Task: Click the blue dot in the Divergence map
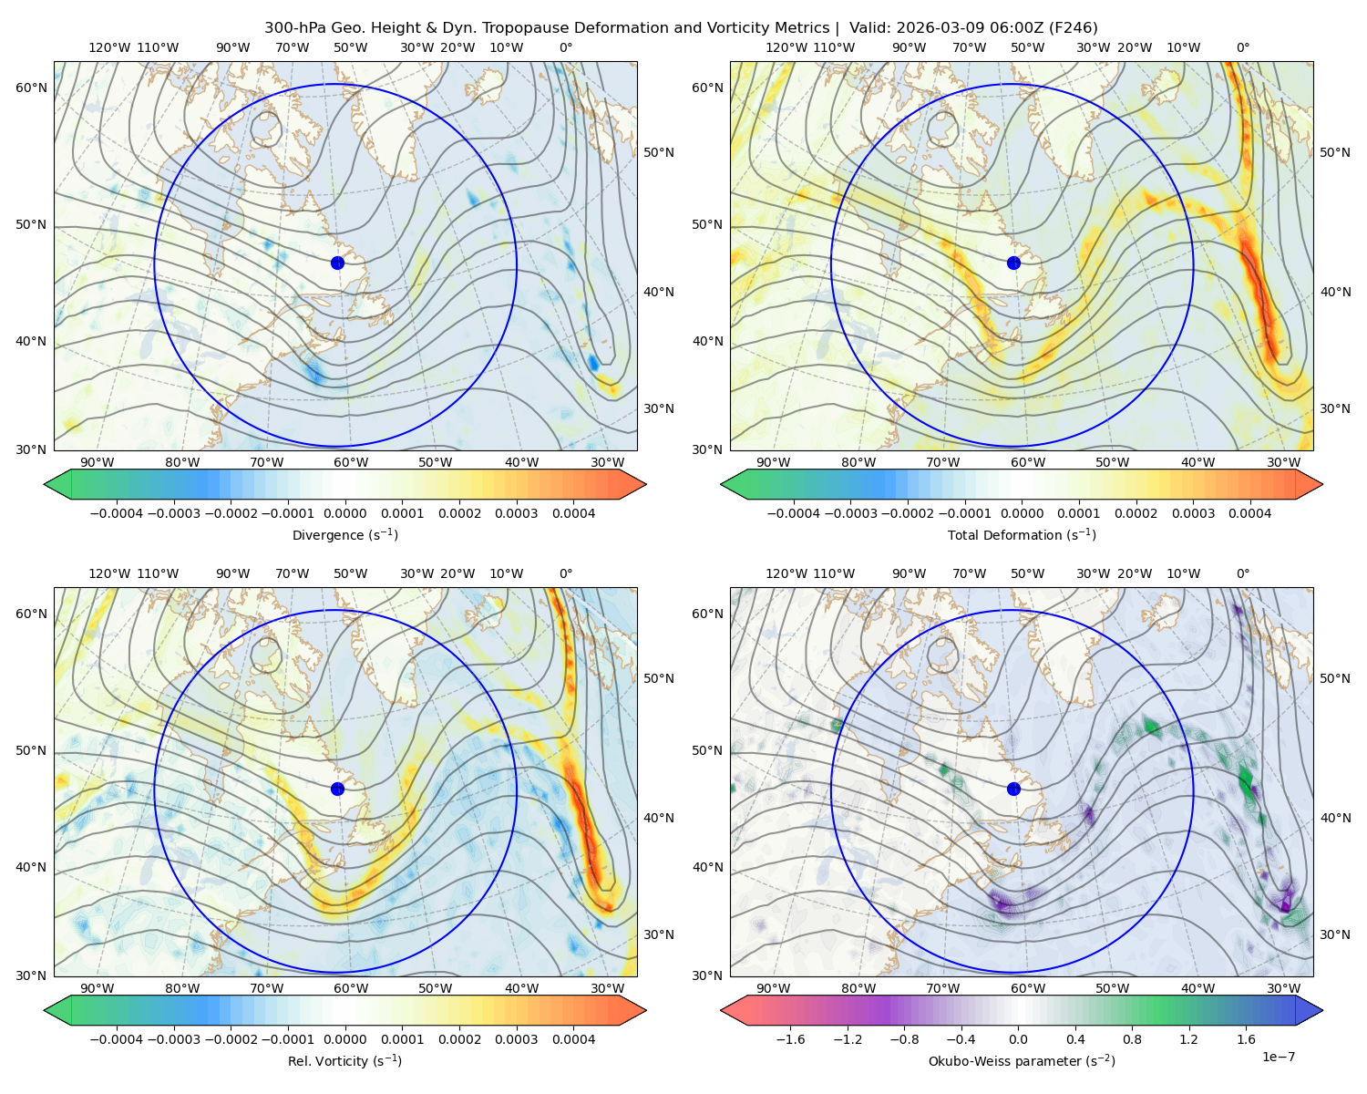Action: pos(337,263)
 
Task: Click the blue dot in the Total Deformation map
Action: pos(1013,263)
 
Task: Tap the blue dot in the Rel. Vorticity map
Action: pos(337,789)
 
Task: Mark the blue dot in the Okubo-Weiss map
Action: pos(1013,789)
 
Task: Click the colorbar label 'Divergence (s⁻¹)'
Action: pos(344,535)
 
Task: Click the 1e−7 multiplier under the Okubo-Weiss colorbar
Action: pos(1278,1057)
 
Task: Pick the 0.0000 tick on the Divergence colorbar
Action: pos(344,513)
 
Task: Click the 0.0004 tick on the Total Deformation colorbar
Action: pos(1249,513)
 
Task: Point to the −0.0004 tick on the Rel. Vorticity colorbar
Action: pos(117,1039)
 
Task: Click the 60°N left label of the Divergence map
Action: pos(31,88)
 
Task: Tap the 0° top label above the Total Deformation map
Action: pos(1242,47)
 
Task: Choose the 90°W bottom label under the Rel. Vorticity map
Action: pos(98,988)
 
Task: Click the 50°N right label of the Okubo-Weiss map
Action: pos(1335,678)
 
